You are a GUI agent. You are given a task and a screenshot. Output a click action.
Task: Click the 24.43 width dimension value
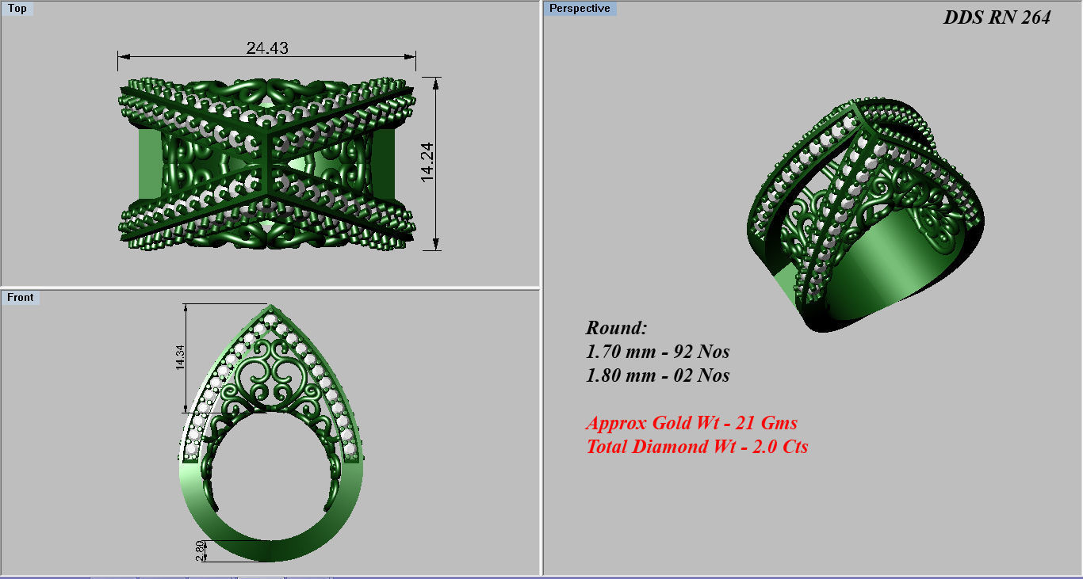(267, 48)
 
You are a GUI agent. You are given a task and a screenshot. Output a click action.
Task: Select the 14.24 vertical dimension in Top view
(428, 164)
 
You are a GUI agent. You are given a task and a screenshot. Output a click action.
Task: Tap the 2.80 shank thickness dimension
(200, 550)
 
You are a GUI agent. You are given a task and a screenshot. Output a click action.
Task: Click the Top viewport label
(17, 9)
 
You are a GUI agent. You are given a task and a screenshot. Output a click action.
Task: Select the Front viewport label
(21, 297)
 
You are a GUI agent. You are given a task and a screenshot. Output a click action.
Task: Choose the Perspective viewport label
(580, 9)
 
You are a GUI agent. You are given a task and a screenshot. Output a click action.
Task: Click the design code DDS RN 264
(997, 17)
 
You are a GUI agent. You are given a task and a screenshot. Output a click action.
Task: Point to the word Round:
(617, 328)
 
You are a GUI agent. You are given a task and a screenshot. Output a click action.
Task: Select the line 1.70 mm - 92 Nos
(657, 352)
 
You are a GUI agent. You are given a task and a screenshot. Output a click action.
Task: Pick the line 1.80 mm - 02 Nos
(657, 375)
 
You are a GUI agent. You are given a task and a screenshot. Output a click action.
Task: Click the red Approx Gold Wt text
(691, 423)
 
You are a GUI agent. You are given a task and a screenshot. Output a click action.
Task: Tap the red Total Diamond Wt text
(697, 447)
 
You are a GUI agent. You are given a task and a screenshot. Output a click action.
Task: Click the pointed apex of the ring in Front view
(271, 307)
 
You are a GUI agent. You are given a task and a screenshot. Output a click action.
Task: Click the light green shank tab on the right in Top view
(385, 164)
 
